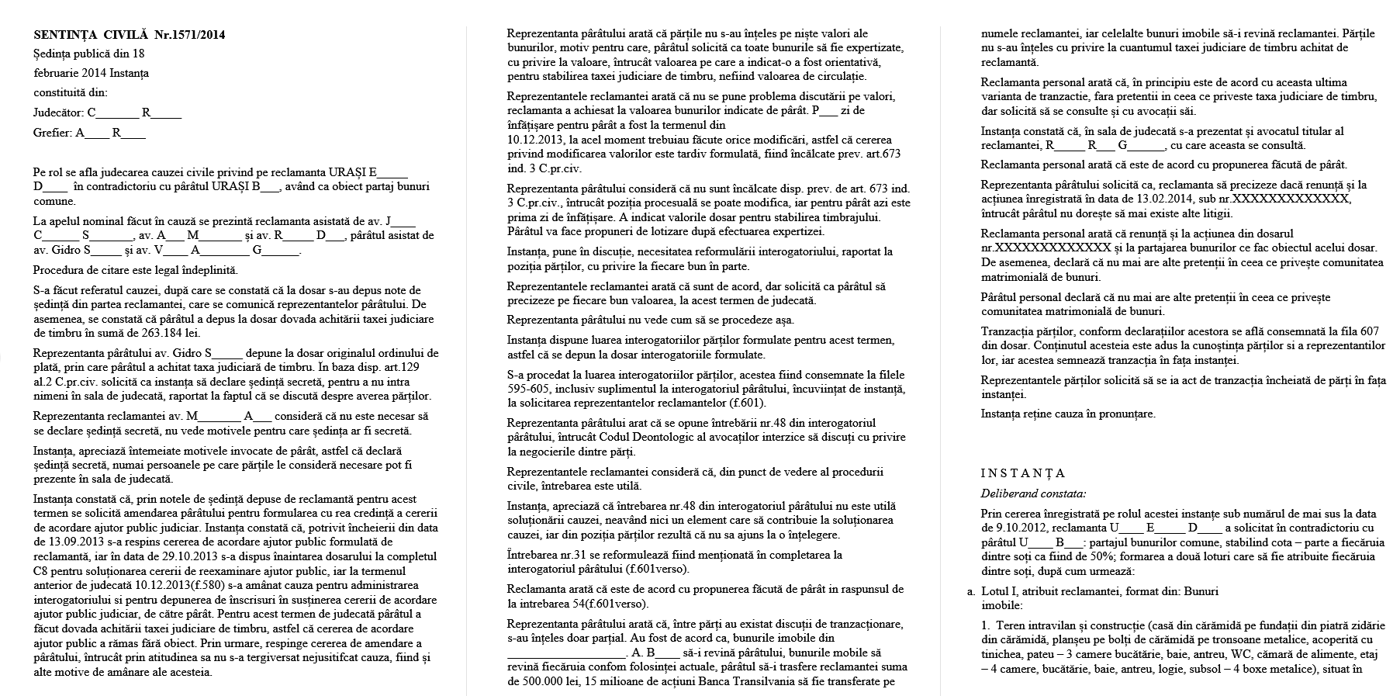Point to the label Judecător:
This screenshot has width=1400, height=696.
tap(59, 113)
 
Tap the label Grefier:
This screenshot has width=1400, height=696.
tap(53, 133)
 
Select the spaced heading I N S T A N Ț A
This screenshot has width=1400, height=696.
tap(1023, 473)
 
